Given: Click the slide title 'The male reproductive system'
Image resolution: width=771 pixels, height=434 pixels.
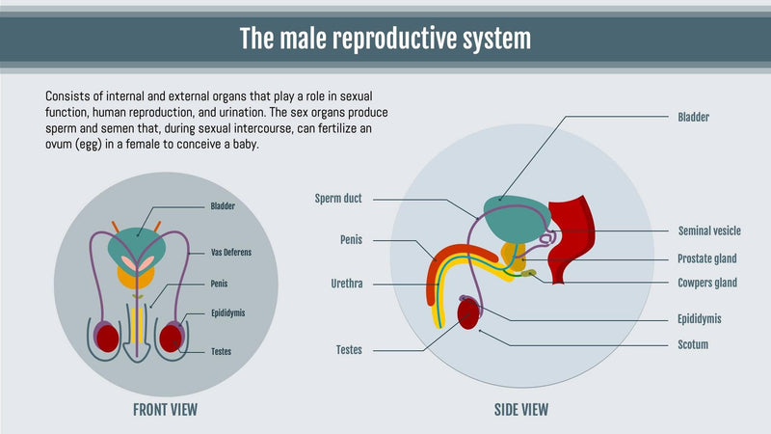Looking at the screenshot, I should coord(385,39).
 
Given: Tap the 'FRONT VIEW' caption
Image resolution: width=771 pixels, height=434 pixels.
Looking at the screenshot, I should coord(165,410).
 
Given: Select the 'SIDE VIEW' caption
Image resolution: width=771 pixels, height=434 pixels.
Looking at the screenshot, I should coord(521,410).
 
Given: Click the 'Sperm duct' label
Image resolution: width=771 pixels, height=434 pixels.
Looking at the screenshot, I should coord(338,200).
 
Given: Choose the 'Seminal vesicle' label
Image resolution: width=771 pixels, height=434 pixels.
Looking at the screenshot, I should coord(708,231).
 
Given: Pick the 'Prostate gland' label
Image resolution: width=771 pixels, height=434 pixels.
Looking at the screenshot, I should coord(707,258).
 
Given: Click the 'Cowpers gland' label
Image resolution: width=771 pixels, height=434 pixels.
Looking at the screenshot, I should coord(707,283).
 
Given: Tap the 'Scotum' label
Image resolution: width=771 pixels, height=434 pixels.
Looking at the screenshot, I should coord(693,344).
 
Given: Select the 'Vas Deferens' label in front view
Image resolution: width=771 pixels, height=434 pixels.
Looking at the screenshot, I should coord(231,252).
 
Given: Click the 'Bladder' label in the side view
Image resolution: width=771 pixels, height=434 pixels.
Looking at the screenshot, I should coord(694,118).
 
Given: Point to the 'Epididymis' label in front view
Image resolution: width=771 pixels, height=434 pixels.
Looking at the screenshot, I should coord(228,313).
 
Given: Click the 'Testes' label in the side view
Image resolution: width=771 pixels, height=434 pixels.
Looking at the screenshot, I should coord(349,350).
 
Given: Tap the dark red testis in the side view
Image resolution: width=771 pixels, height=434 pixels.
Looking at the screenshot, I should coord(468,314).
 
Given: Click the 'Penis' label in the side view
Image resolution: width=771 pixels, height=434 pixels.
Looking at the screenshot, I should coord(351,238).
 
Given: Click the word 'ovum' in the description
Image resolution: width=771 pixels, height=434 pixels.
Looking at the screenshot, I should coord(60,144).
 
